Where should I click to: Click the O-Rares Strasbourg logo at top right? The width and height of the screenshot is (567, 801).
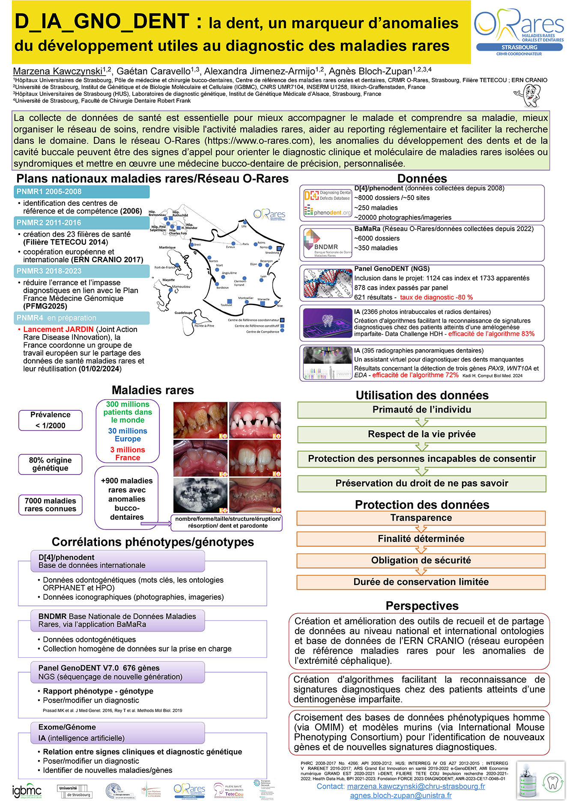click(x=519, y=32)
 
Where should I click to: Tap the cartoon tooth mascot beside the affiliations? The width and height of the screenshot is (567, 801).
click(x=528, y=95)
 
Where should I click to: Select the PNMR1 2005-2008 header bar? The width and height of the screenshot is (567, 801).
click(x=82, y=192)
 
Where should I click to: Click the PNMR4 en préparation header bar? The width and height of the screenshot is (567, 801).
click(x=82, y=318)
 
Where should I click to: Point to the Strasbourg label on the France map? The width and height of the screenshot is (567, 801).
click(x=272, y=252)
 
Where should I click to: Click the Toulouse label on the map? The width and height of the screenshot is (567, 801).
click(x=226, y=305)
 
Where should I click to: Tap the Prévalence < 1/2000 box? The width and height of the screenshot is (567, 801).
click(x=51, y=420)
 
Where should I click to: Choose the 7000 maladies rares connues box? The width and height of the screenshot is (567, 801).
click(x=51, y=505)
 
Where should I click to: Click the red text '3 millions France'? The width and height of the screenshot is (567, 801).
click(x=128, y=454)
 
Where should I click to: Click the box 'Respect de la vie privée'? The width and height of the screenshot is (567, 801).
click(x=421, y=434)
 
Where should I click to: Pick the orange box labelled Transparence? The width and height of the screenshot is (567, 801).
click(x=421, y=518)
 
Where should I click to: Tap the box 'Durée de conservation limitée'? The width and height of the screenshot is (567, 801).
click(x=421, y=582)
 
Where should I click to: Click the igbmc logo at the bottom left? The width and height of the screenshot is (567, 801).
click(x=27, y=791)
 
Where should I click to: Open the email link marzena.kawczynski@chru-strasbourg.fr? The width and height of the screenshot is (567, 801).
click(x=416, y=786)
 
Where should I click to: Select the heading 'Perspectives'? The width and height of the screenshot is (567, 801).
click(x=422, y=606)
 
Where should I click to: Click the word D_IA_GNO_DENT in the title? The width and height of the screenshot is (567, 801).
click(x=102, y=21)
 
